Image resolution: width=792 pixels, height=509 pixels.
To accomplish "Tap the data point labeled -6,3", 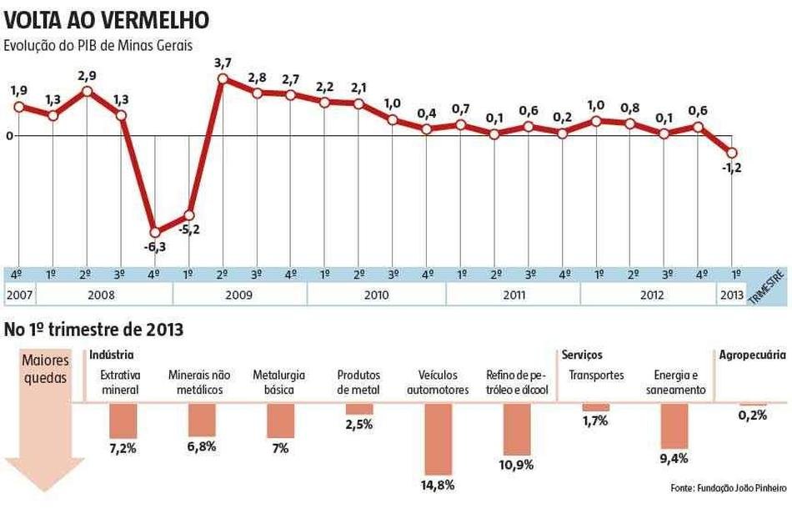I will (155, 232).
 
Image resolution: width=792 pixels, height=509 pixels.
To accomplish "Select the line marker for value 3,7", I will (223, 79).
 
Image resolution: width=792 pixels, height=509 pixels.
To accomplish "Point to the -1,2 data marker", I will (732, 153).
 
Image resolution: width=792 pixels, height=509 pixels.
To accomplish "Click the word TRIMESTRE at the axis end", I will (768, 289).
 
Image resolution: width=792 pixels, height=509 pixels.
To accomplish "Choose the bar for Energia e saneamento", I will (674, 426).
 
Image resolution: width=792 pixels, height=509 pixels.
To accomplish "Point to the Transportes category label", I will (596, 375).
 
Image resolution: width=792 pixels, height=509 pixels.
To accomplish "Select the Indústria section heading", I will (111, 355).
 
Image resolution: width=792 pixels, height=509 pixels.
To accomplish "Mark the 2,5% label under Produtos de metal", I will (359, 424).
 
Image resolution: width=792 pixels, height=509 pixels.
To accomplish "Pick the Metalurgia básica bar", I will (280, 421).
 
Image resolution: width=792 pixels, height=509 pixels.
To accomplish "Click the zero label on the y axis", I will (8, 135).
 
